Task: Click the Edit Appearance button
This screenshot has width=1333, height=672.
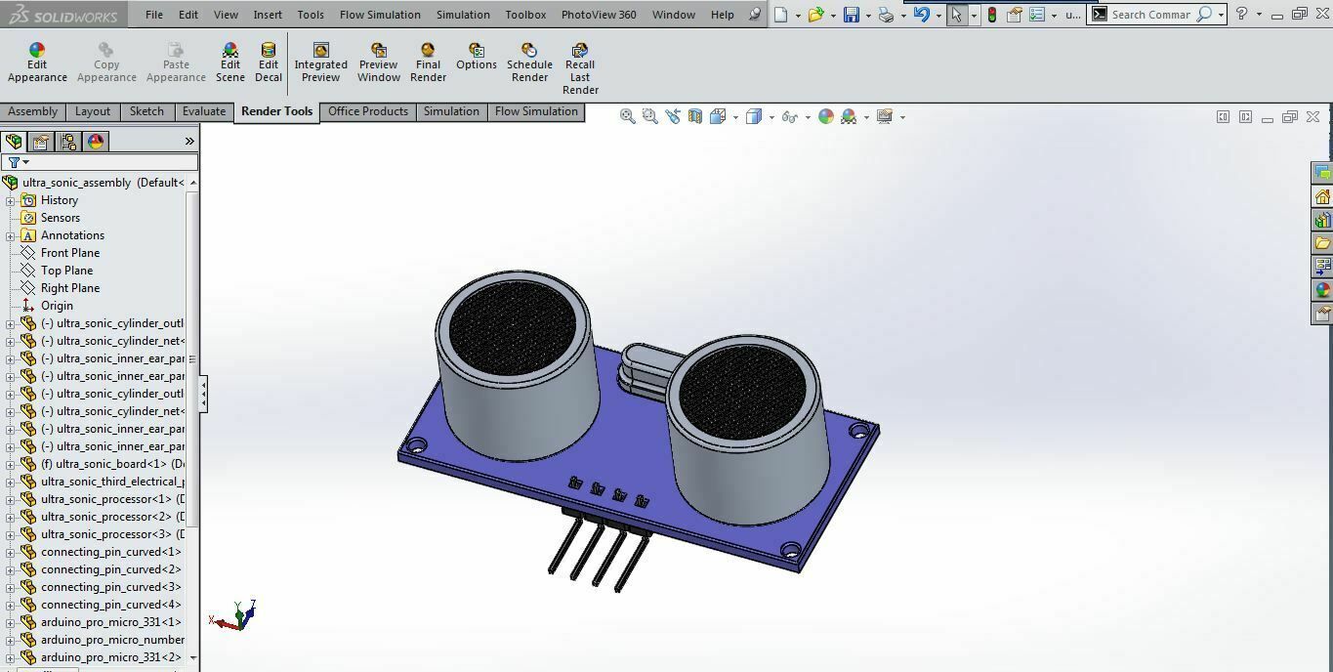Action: (37, 63)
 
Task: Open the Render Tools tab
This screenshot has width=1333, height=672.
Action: (276, 111)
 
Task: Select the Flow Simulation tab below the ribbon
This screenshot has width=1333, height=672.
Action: (536, 111)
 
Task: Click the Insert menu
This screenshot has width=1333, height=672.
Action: (268, 15)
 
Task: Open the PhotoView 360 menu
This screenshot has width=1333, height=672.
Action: (599, 15)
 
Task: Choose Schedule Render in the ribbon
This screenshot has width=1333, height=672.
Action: (529, 63)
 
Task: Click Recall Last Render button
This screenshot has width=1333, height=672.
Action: (580, 68)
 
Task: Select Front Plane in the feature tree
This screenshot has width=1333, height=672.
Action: (69, 253)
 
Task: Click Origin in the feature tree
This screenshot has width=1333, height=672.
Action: (57, 306)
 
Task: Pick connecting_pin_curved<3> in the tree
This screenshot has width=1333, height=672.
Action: (110, 587)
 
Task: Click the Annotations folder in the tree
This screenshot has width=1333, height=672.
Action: (72, 235)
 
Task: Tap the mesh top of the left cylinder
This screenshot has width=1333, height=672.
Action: (512, 326)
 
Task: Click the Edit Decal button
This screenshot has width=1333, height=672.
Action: (269, 63)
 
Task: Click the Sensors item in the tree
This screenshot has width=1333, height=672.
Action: (60, 218)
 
